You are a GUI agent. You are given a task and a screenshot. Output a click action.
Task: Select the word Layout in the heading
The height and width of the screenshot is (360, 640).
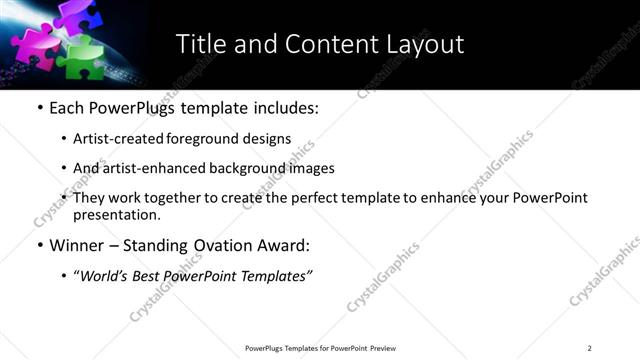[x=425, y=44]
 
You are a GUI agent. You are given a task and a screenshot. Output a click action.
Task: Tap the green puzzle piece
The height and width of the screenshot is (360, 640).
[x=80, y=58]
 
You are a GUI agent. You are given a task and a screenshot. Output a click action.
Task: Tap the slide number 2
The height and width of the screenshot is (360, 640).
[x=589, y=348]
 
